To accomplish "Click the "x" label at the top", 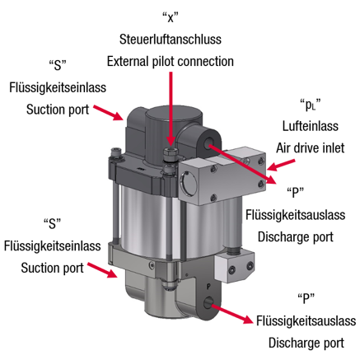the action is pos(171,17).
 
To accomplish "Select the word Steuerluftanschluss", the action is pos(171,40).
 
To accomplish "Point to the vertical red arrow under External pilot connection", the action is pos(171,109).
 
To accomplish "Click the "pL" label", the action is pos(311,105).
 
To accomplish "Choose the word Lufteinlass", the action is pos(311,126).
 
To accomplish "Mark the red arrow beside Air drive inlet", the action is pos(281,165).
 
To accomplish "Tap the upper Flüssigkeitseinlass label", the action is pos(58,88).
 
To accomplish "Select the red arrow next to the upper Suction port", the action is pos(108,112).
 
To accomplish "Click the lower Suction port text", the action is pos(52,268).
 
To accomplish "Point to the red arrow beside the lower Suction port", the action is pos(103,270).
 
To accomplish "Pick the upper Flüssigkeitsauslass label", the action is pos(295,215).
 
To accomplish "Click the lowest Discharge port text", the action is pos(306,343).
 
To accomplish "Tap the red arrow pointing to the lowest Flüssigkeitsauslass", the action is pos(231,314).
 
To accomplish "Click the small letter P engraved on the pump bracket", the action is pos(208,288).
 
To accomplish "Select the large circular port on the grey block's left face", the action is pos(188,182).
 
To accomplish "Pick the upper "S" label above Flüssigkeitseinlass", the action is pos(58,65).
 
